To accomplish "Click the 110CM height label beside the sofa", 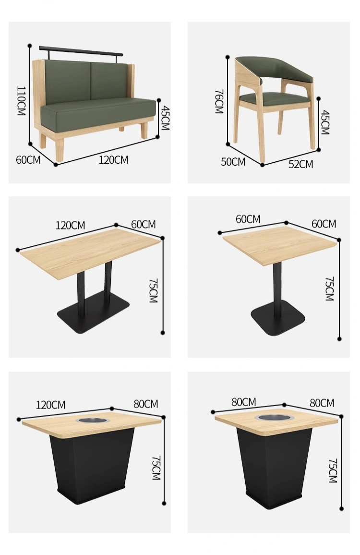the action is tap(21, 100).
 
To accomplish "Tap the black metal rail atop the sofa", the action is tap(81, 51).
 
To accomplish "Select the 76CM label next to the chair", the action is tap(219, 101).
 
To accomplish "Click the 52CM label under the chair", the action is tap(300, 164).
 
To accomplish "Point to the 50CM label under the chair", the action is tap(233, 162).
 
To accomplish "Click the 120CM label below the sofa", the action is tap(113, 160).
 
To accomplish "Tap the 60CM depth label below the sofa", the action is tap(28, 160).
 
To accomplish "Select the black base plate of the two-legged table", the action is tap(93, 312).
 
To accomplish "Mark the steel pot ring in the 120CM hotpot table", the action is tap(92, 421).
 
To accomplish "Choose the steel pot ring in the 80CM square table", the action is tap(274, 417).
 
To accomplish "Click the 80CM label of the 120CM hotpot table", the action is tap(145, 404).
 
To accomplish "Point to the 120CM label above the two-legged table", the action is tap(70, 226).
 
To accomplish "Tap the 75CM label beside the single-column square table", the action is tap(329, 289).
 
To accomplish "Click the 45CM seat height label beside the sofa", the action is tap(165, 118).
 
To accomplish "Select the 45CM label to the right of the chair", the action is tap(325, 122).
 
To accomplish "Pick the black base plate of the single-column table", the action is tap(278, 318).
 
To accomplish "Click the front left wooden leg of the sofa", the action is tap(60, 149).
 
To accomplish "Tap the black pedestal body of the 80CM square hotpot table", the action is tap(275, 467).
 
